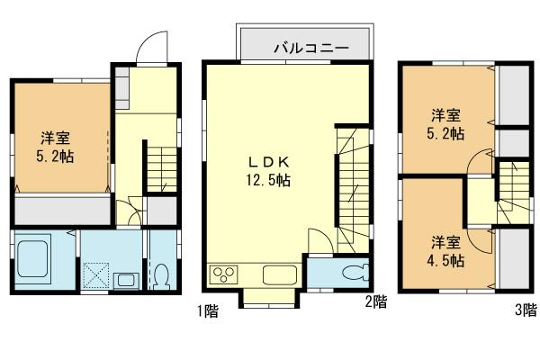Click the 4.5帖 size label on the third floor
(x=446, y=261)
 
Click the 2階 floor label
(x=375, y=302)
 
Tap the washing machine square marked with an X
(x=96, y=274)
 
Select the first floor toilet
(x=161, y=275)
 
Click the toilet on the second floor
(x=351, y=274)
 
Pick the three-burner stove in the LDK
(x=223, y=274)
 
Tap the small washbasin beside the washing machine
(x=124, y=279)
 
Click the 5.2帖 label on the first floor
(x=56, y=156)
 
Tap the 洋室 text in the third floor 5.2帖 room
(x=446, y=115)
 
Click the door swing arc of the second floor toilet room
(x=319, y=241)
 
